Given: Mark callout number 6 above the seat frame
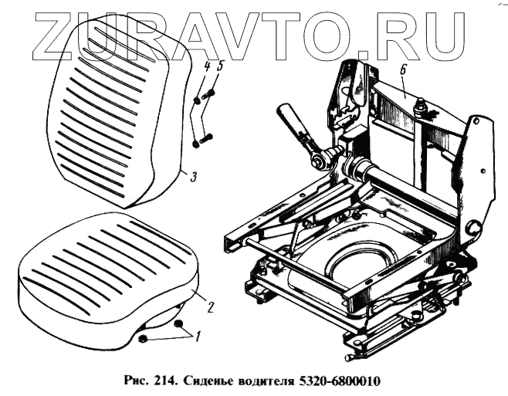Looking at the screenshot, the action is point(403,70).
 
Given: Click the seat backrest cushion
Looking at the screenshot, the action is point(116,116).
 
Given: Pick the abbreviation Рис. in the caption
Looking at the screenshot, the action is point(137,381).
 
